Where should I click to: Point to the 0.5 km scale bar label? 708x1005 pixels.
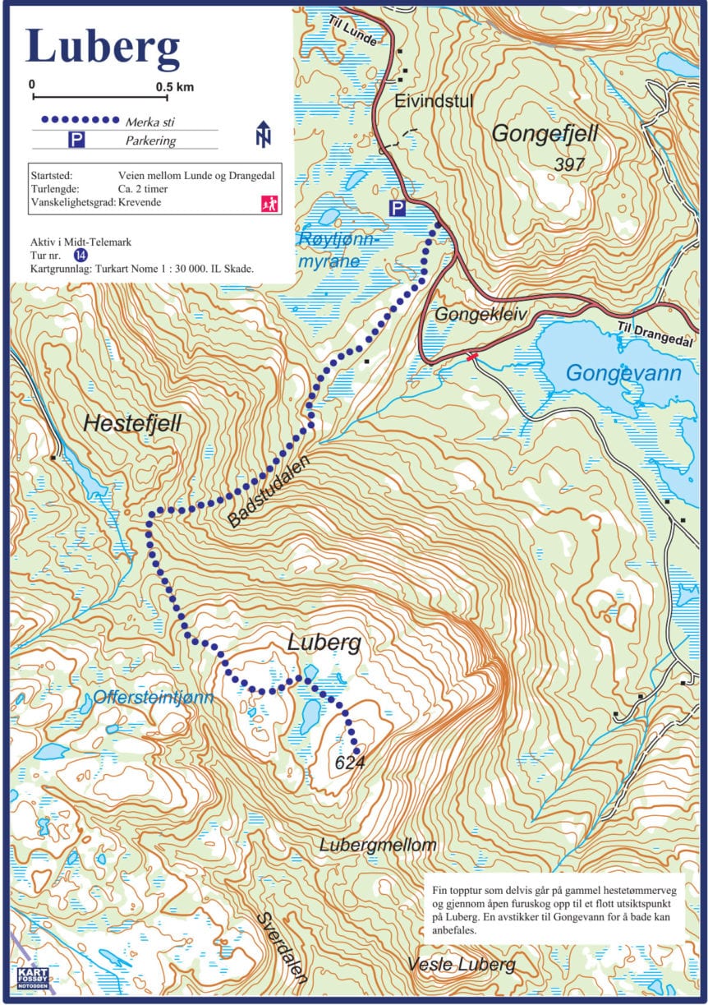[x=173, y=86]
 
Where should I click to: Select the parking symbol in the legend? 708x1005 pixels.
[x=76, y=141]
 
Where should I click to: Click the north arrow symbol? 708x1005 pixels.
[x=264, y=134]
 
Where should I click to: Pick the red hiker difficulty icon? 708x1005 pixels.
[x=269, y=203]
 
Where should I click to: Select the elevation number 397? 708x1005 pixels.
[x=568, y=164]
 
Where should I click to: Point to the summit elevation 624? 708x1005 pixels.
[x=349, y=763]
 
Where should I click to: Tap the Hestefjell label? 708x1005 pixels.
[x=131, y=423]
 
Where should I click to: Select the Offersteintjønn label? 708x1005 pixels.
[x=154, y=698]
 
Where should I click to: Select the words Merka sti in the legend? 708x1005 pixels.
[x=149, y=122]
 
